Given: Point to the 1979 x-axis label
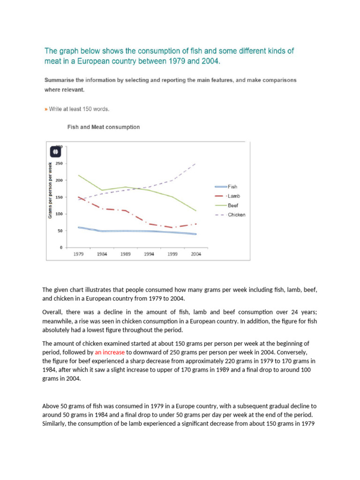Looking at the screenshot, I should coord(78,254).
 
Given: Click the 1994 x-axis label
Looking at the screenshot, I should coord(149,254).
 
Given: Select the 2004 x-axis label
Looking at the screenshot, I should coord(196,254).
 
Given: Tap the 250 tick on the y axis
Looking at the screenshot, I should coord(59,164).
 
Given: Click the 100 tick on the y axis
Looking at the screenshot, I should coord(59,214).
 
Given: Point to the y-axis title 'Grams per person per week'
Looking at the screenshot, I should coord(50,189).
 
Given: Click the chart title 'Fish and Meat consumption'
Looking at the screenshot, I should coord(104,127).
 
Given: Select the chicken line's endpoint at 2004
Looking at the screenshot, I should coord(195,163).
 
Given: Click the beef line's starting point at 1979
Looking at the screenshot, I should coord(78,175).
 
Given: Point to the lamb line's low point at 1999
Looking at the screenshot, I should coord(172,227).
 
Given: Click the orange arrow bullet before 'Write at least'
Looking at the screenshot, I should coord(45,109).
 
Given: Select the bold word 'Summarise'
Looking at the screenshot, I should coord(59,80).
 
